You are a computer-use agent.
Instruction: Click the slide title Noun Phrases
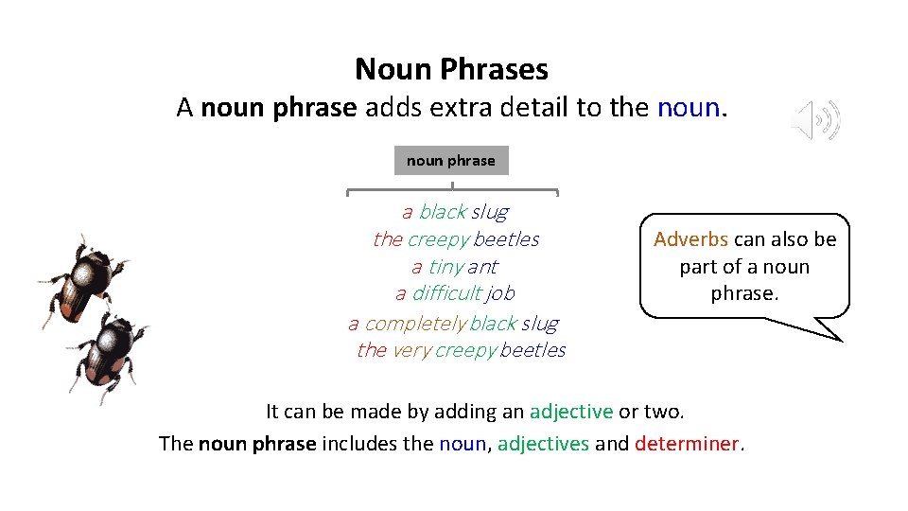pos(451,69)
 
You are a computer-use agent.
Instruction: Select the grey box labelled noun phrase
pos(451,161)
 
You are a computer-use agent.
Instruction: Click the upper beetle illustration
pos(85,278)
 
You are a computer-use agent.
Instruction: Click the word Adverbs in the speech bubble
pos(690,239)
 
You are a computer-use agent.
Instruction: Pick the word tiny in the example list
pos(446,267)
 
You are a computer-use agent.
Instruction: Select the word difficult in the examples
pos(448,293)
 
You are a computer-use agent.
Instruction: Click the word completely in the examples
pos(414,324)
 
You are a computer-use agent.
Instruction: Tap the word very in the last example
pos(411,350)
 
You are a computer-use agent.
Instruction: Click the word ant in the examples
pos(482,267)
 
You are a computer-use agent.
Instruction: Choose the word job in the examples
pos(501,293)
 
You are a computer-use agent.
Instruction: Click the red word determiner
pos(689,443)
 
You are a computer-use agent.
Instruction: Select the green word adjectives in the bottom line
pos(543,443)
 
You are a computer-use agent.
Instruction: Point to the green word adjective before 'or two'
pos(571,412)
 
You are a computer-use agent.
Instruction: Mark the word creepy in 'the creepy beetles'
pos(439,239)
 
